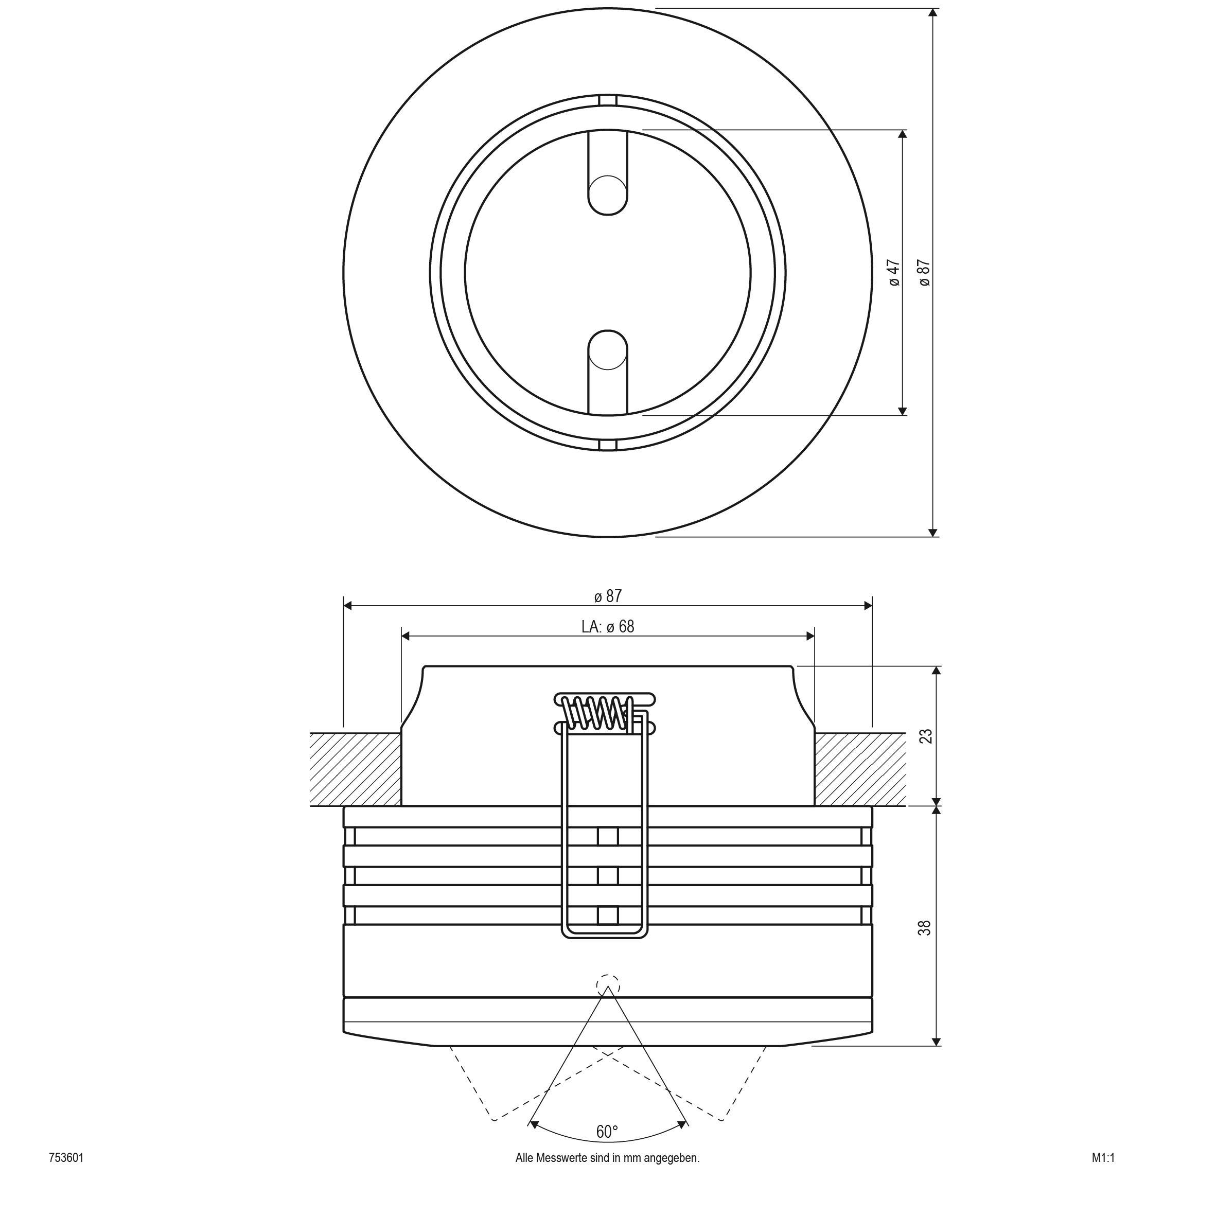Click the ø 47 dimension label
(895, 273)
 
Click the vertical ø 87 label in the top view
(924, 273)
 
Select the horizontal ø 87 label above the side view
(607, 595)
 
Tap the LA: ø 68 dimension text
(607, 626)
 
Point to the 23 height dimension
(925, 736)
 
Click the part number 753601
(66, 1175)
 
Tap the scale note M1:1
(1103, 1175)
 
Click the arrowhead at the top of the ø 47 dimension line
(902, 135)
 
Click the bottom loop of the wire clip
(604, 934)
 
